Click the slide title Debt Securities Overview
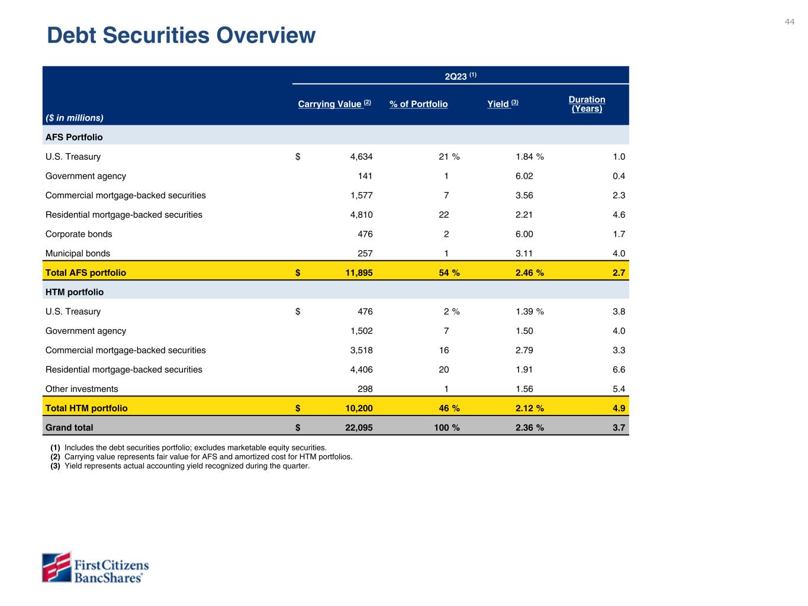click(181, 36)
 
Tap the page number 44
click(790, 22)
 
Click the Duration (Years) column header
click(587, 104)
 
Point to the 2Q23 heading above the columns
click(461, 76)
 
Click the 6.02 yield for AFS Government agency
click(524, 176)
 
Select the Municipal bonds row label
click(78, 253)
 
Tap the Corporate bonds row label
click(79, 234)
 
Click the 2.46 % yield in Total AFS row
click(530, 273)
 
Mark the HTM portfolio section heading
click(75, 292)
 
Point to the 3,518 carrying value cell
click(361, 350)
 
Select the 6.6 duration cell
click(619, 369)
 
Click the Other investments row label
click(82, 389)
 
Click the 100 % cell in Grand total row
click(447, 427)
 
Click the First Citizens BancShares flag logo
click(56, 568)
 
